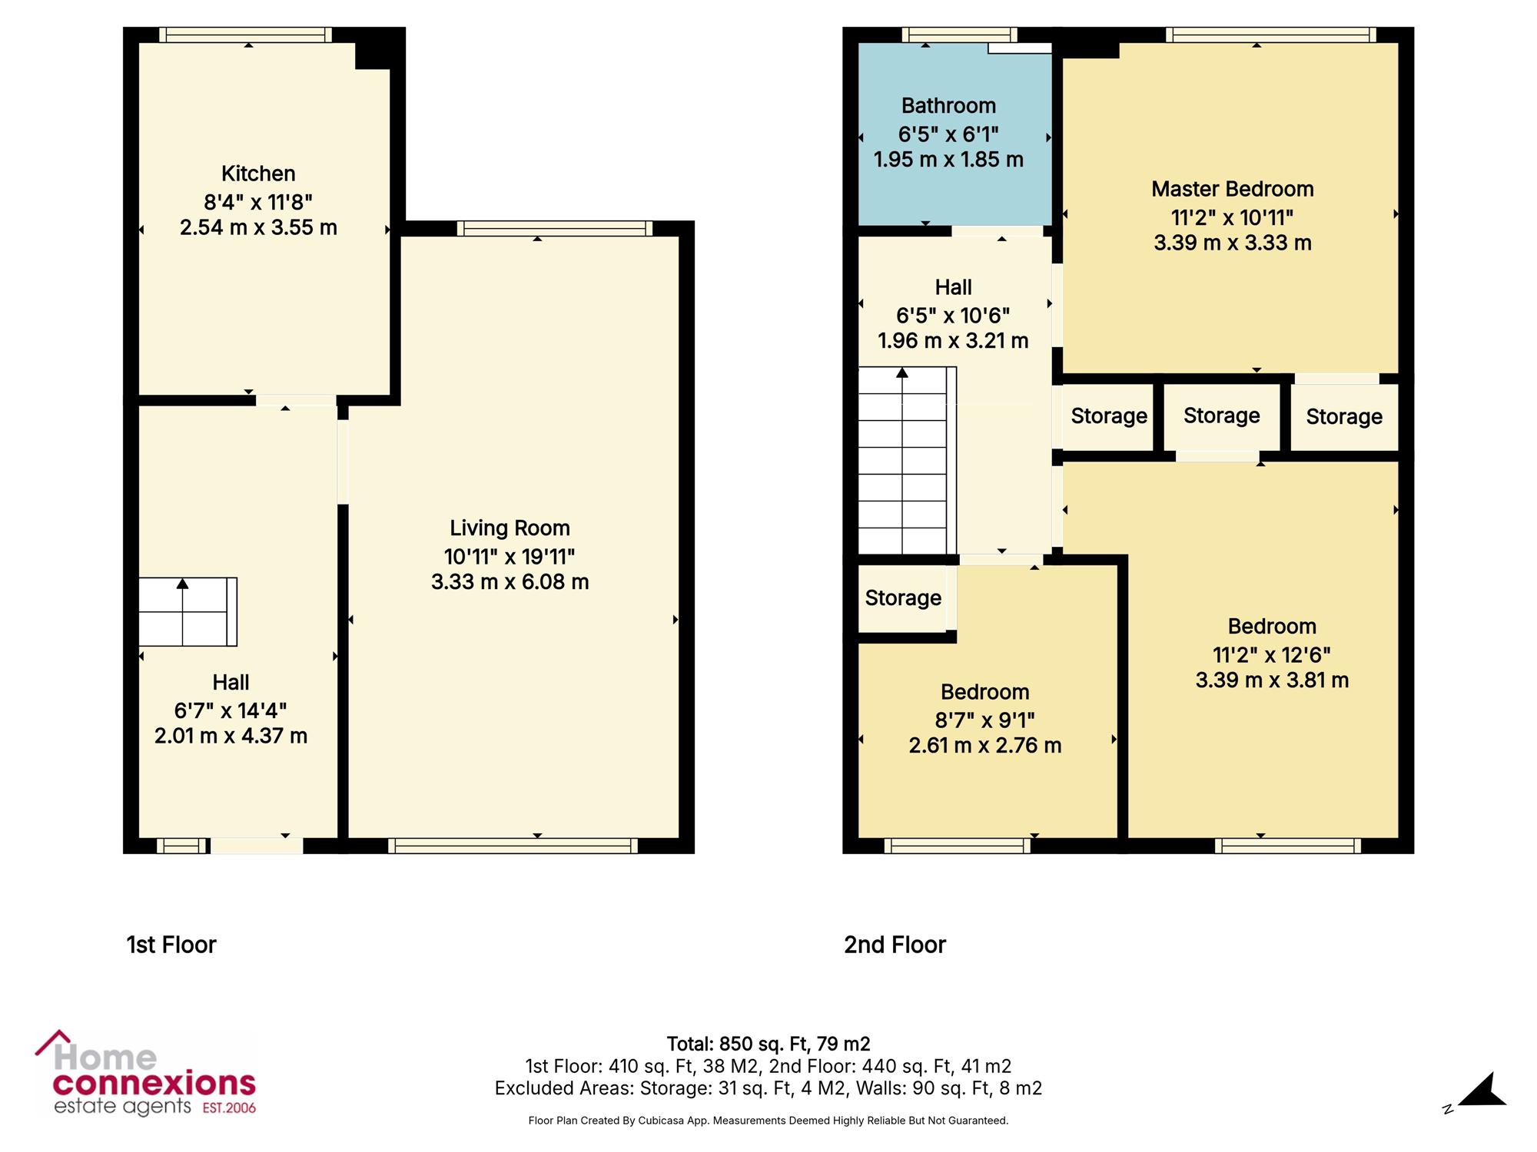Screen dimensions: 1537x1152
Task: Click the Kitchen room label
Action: click(x=258, y=174)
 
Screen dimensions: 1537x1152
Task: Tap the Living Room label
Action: click(x=510, y=528)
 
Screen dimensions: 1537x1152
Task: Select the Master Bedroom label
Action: click(x=1232, y=189)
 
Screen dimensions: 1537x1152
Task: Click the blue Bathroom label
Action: click(x=948, y=106)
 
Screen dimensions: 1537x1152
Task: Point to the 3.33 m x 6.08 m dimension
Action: click(x=510, y=582)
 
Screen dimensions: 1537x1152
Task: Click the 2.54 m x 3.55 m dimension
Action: click(x=258, y=227)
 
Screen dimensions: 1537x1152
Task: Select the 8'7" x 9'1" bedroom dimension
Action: click(x=984, y=720)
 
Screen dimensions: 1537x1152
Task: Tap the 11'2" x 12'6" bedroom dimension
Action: click(x=1272, y=655)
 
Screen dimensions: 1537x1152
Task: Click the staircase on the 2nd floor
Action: click(x=907, y=461)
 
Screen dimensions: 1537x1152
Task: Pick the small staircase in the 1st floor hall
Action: click(x=188, y=612)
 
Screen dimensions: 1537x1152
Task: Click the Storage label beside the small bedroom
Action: click(x=903, y=598)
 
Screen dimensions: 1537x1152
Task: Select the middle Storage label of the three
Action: click(x=1221, y=416)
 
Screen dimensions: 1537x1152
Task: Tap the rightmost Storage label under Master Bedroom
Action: click(x=1344, y=417)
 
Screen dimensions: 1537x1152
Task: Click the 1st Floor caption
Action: click(x=171, y=945)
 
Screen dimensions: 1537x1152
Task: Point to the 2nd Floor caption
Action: click(x=895, y=945)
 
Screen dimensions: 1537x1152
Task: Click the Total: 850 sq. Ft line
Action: click(x=768, y=1044)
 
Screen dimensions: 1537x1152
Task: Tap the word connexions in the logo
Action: click(x=154, y=1084)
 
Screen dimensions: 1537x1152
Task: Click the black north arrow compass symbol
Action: click(x=1482, y=1091)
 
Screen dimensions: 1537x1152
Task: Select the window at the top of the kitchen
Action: click(x=246, y=35)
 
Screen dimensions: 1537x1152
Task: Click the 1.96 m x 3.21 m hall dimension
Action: click(x=953, y=341)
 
